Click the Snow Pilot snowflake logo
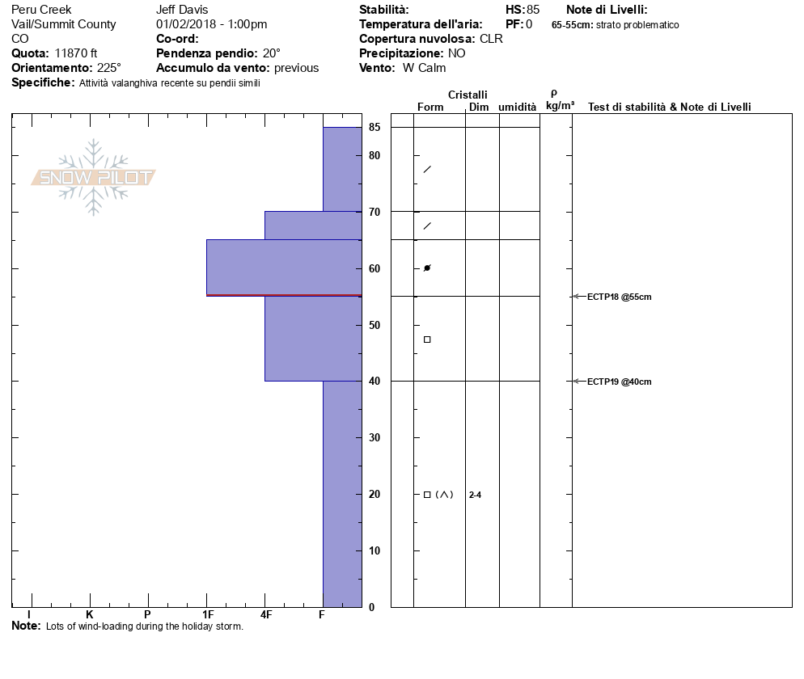pos(94,178)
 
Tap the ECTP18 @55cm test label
pos(619,297)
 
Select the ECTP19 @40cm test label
pos(619,382)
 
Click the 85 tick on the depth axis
pos(374,127)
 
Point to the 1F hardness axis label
pos(208,615)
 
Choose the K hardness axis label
pos(89,615)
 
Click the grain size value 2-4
pos(475,495)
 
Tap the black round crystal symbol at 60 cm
pos(427,268)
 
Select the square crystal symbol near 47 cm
pos(427,339)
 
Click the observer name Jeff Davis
pos(182,10)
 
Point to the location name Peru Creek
pos(41,10)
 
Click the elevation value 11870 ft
pos(76,53)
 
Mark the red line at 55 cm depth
pos(284,295)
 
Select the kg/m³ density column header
pos(560,106)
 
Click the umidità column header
pos(517,107)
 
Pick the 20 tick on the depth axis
pos(374,494)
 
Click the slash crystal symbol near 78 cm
pos(427,169)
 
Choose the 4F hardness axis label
pos(265,615)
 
